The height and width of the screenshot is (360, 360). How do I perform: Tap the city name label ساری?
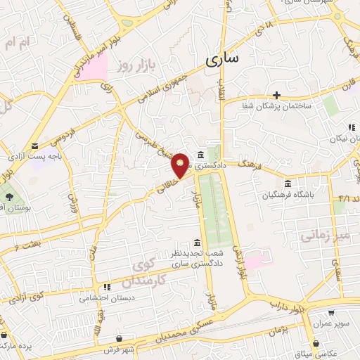222,60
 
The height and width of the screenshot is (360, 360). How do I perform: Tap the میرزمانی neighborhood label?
325,234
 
